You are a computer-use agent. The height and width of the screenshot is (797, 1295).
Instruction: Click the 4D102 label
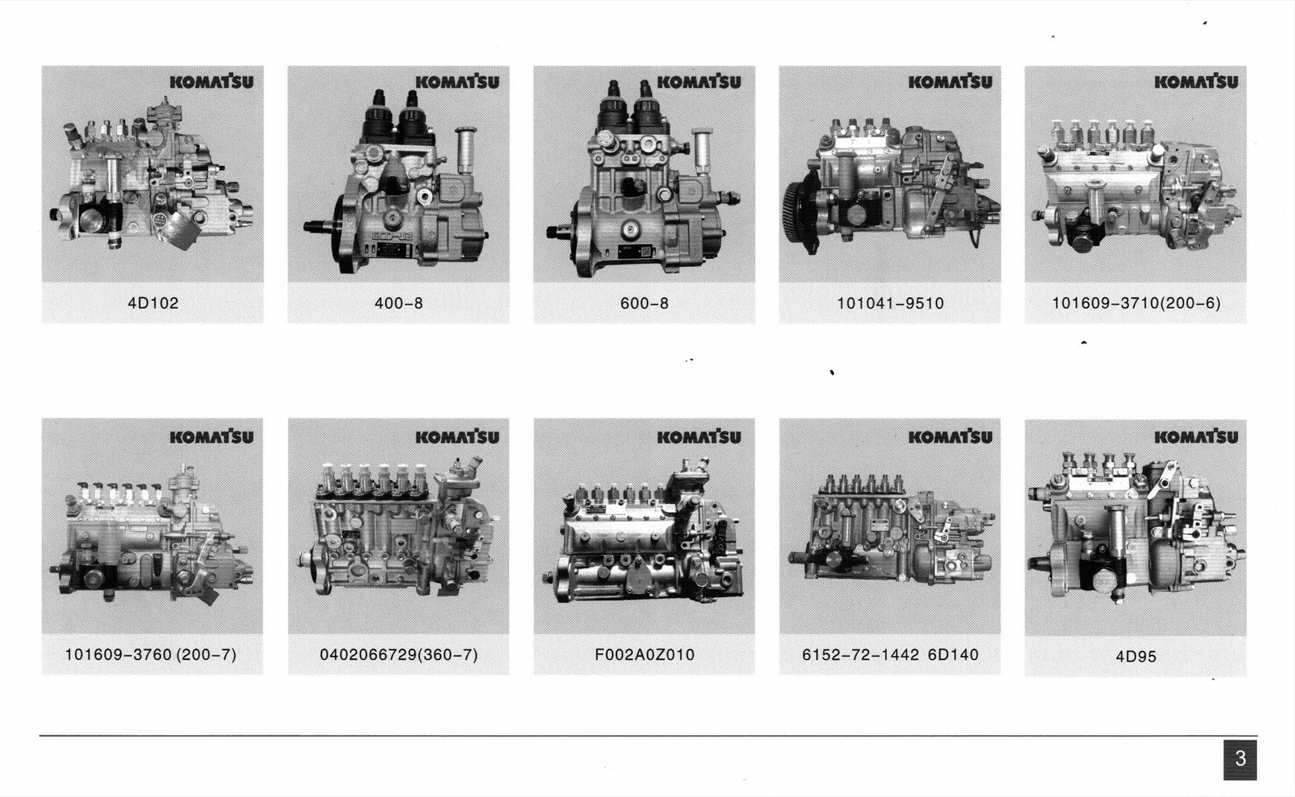click(x=153, y=304)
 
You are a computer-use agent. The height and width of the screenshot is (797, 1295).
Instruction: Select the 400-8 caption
click(x=399, y=304)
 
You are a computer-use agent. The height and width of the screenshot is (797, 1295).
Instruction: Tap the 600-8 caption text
click(x=645, y=304)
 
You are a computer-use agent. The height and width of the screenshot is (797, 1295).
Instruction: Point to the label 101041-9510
click(x=890, y=304)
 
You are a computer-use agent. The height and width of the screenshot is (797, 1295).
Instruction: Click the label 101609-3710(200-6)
click(x=1136, y=304)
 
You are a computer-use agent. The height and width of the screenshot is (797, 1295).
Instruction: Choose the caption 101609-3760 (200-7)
click(x=151, y=655)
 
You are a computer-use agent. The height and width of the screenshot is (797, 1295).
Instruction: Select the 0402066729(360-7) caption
click(x=399, y=655)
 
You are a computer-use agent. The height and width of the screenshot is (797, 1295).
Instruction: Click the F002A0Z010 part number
click(x=645, y=655)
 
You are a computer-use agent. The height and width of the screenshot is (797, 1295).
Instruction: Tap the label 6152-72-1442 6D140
click(x=890, y=655)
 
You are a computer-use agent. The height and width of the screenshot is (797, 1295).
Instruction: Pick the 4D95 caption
click(x=1136, y=657)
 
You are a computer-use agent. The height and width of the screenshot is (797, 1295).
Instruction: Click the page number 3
click(x=1240, y=759)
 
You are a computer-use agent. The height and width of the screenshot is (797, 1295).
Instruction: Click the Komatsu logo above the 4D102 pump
click(x=211, y=82)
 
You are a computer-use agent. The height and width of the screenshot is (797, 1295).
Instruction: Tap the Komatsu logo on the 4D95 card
click(x=1196, y=436)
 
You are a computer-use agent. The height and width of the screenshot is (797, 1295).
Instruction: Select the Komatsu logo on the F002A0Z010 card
click(x=699, y=436)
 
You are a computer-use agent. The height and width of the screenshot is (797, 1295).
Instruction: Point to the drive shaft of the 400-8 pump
click(x=322, y=227)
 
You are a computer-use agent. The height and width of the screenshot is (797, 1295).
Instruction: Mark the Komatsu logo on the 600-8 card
click(x=699, y=82)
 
